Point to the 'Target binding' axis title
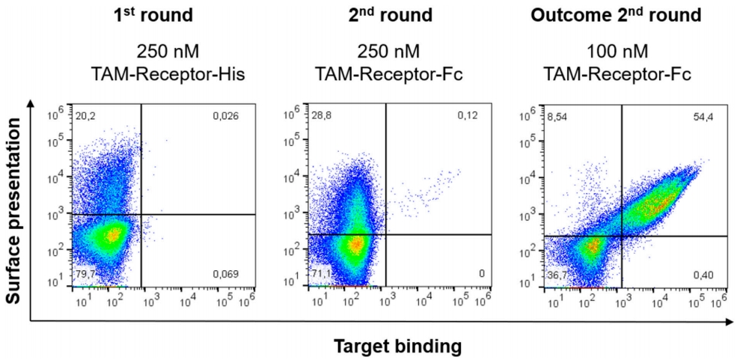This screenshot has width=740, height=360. tap(399, 347)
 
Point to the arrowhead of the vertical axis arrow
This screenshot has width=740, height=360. tap(30, 105)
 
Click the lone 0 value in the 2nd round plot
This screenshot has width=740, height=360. tap(480, 274)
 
